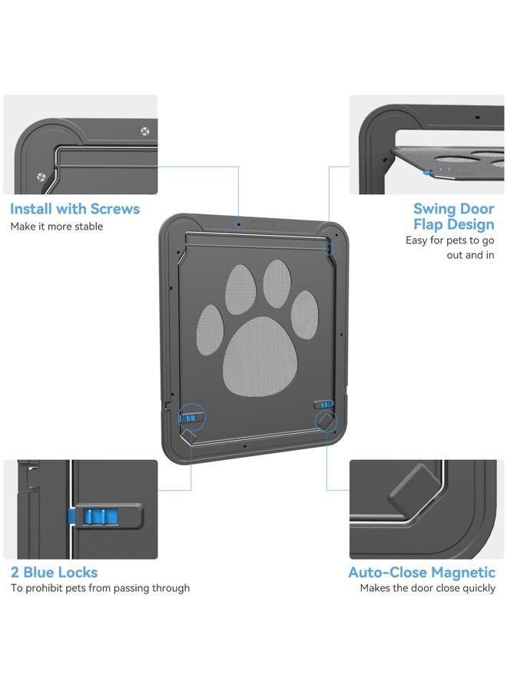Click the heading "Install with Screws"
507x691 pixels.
tap(75, 208)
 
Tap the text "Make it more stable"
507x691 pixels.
tap(56, 226)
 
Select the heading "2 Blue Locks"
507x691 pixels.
tap(54, 572)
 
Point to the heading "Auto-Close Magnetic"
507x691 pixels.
tap(422, 572)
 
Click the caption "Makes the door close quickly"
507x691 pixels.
tap(428, 588)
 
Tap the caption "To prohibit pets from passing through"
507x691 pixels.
tap(100, 588)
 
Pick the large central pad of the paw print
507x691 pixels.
tap(260, 356)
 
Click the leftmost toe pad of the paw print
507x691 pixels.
tap(210, 329)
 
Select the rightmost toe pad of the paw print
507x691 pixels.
tap(304, 315)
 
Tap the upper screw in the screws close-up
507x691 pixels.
tap(144, 131)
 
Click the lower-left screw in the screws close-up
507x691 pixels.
tap(41, 177)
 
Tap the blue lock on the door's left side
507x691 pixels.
tap(190, 418)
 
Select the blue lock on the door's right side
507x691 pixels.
tap(326, 404)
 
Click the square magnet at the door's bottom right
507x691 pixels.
tap(326, 421)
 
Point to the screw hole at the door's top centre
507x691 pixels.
tap(238, 224)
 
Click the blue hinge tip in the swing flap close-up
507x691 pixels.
tap(427, 174)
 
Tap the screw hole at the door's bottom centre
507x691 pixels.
tap(244, 446)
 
